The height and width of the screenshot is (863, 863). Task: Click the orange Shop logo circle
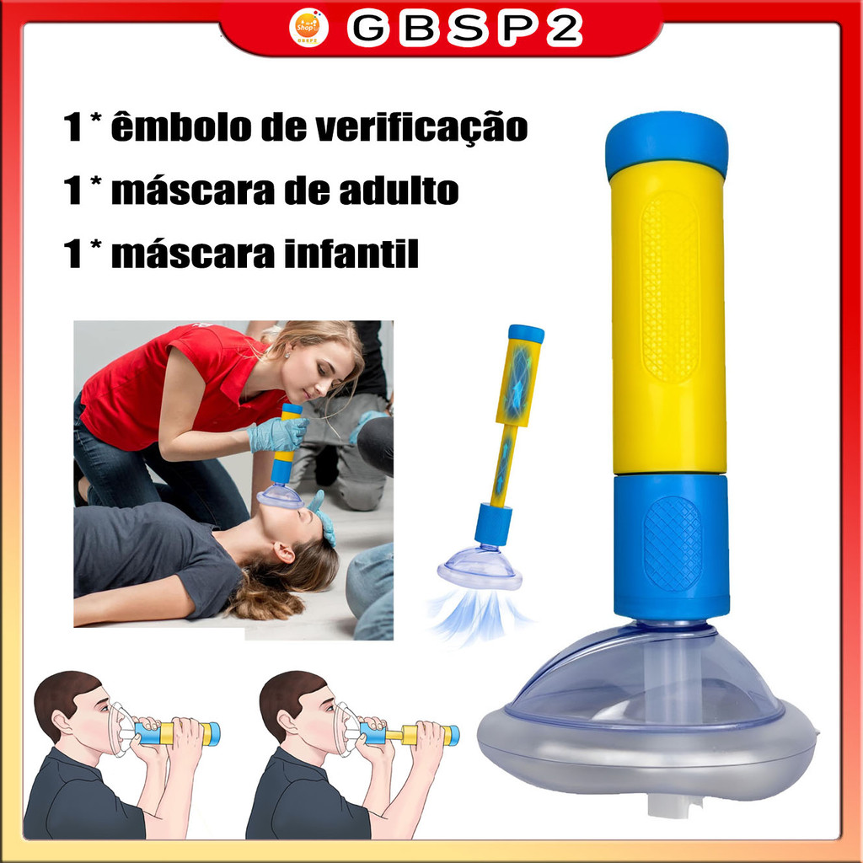[x=308, y=27]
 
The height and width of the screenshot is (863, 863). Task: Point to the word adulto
[x=399, y=190]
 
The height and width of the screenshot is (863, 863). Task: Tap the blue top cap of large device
[x=667, y=144]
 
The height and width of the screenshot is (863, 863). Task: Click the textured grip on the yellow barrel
[x=669, y=287]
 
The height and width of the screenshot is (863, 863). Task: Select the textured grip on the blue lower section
[x=673, y=544]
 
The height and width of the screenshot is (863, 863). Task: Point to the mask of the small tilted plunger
[x=480, y=567]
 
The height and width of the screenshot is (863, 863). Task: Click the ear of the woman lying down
[x=283, y=553]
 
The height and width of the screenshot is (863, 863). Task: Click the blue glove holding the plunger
[x=277, y=434]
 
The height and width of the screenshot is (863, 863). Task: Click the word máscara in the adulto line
[x=217, y=190]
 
